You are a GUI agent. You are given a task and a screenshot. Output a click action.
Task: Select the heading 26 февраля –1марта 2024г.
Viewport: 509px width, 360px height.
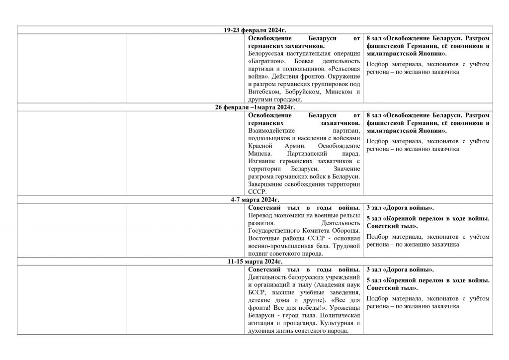pos(254,107)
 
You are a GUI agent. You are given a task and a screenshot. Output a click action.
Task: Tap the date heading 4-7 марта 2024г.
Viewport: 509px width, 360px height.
pos(254,199)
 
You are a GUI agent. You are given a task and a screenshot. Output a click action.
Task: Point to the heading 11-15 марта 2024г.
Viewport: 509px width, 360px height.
pos(254,261)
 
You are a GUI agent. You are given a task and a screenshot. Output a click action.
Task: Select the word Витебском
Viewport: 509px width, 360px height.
pos(264,91)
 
